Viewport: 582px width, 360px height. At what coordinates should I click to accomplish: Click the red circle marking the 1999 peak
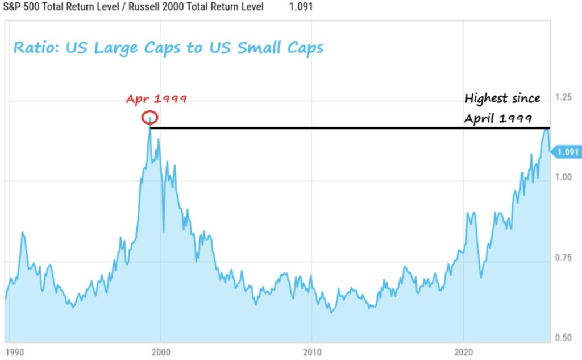point(150,118)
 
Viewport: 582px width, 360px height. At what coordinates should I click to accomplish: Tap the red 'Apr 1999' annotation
point(156,99)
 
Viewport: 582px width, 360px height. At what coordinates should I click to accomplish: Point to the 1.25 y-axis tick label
point(563,98)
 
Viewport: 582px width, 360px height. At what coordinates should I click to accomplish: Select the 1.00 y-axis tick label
point(563,177)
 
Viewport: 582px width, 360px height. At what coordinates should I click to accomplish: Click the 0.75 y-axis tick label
point(563,258)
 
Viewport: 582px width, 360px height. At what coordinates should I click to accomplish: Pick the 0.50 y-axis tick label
point(563,338)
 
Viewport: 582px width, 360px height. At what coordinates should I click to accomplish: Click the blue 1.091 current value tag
point(567,152)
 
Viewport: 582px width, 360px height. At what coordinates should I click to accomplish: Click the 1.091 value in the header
point(301,7)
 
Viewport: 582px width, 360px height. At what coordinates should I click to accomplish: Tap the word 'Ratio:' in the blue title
point(37,48)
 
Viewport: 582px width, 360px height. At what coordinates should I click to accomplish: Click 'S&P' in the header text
point(12,7)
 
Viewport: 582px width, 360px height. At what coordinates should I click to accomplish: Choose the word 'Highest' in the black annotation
point(487,99)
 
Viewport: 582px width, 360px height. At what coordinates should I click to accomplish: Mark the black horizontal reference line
point(341,128)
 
